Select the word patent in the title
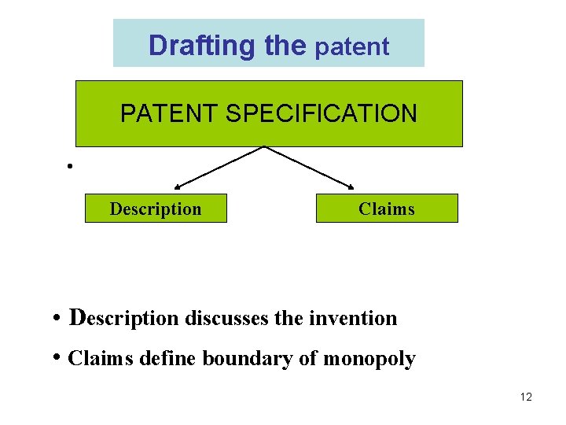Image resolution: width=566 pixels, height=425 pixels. coord(352,46)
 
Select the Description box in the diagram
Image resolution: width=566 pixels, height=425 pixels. coord(156,209)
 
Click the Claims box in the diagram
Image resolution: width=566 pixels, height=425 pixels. coord(386,209)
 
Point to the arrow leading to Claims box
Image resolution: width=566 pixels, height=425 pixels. coord(311,168)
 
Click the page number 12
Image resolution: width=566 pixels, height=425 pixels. coord(526,397)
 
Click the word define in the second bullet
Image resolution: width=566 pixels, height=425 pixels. coord(168,359)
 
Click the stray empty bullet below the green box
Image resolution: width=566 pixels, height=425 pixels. coord(70,166)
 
